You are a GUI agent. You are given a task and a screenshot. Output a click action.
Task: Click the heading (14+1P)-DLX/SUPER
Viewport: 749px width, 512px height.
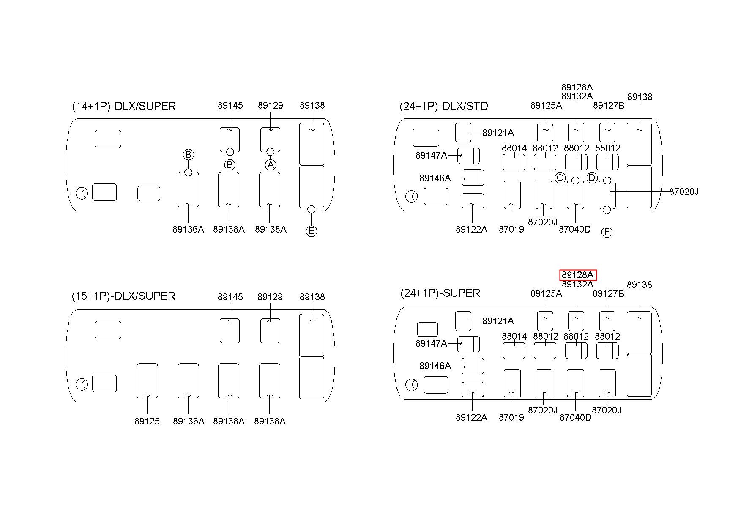click(124, 106)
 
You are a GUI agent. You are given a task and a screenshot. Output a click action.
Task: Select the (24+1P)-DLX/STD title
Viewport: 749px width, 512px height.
click(443, 106)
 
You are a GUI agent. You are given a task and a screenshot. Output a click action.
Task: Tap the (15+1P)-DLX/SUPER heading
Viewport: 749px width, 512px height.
click(123, 296)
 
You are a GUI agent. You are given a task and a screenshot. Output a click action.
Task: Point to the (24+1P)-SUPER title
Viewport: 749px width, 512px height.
click(440, 293)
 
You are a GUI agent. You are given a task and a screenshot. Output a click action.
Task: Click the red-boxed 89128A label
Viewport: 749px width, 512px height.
click(578, 275)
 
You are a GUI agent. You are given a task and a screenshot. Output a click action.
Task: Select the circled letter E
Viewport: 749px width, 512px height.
click(312, 231)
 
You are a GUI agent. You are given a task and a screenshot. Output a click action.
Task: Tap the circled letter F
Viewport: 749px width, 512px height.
click(607, 232)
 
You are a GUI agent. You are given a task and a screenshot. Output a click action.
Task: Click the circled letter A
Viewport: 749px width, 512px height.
click(271, 164)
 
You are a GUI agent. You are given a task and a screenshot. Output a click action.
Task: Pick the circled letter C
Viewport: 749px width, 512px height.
click(560, 178)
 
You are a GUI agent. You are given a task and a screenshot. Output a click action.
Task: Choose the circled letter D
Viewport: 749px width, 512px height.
click(592, 178)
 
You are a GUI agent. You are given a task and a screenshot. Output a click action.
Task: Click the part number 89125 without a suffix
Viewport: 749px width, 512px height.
click(147, 421)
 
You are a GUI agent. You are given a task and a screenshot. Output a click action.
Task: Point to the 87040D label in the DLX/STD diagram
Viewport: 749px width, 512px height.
click(575, 230)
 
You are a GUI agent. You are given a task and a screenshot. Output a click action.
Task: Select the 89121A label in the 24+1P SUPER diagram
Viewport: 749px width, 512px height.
click(498, 321)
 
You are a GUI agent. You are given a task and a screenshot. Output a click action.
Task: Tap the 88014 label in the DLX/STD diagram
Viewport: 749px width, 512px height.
click(514, 148)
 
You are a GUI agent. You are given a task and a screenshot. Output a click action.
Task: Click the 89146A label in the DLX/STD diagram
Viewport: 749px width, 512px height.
click(435, 178)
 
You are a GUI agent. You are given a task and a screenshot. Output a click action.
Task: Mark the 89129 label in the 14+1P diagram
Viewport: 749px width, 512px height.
click(271, 105)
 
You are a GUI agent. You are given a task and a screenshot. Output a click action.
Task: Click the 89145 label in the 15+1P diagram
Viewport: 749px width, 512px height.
click(230, 297)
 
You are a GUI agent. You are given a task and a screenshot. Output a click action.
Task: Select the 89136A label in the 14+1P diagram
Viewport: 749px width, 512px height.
click(188, 229)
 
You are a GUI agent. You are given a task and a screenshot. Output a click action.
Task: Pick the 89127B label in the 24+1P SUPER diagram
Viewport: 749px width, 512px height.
click(608, 293)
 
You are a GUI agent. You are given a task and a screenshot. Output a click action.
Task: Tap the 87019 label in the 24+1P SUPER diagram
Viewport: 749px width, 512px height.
click(511, 418)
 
